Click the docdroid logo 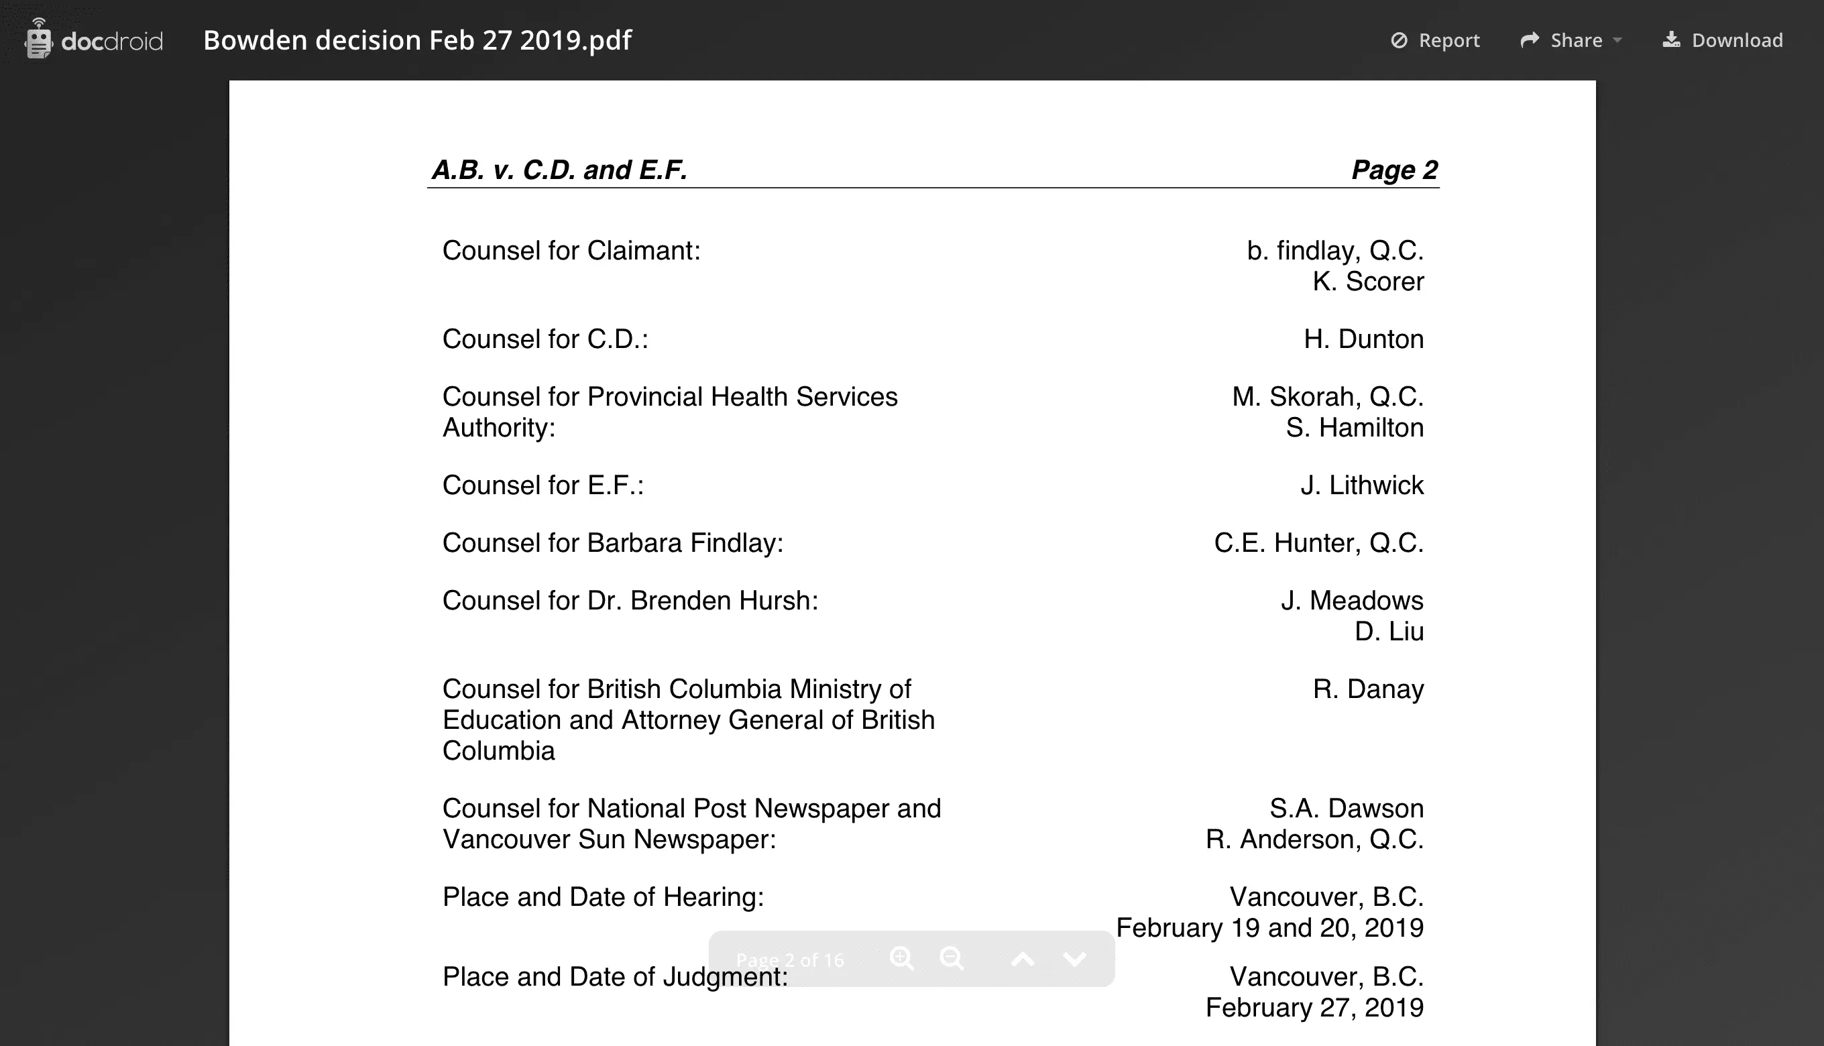(x=93, y=40)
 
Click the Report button (x=1435, y=40)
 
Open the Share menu (x=1571, y=40)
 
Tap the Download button (x=1723, y=40)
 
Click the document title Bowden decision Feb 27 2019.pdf (x=417, y=40)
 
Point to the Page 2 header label (x=1393, y=170)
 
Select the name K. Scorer (x=1367, y=282)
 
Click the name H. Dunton (x=1363, y=339)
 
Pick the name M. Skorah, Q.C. (x=1327, y=396)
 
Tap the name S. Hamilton (x=1354, y=428)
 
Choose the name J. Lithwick (x=1361, y=485)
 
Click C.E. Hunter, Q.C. (x=1318, y=542)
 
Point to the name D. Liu (x=1389, y=632)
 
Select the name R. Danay (x=1368, y=689)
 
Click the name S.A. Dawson (x=1346, y=808)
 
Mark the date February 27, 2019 (x=1314, y=1007)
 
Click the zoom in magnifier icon (x=901, y=958)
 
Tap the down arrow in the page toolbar (x=1074, y=958)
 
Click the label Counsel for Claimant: (x=571, y=251)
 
